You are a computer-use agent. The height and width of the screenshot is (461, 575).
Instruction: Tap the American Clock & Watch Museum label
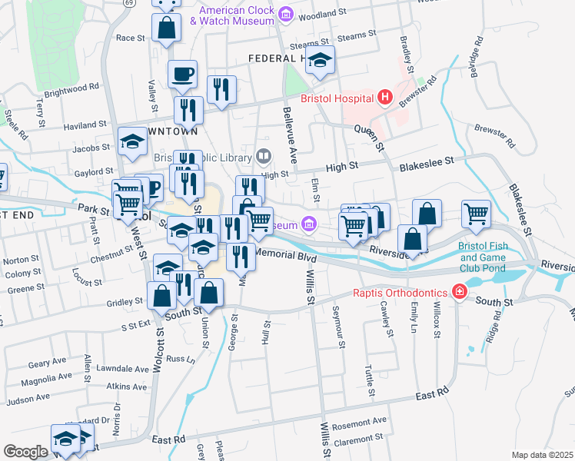(x=236, y=15)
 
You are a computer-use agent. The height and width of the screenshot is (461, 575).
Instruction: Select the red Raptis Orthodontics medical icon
(x=459, y=292)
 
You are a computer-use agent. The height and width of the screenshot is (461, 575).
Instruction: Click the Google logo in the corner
(x=25, y=452)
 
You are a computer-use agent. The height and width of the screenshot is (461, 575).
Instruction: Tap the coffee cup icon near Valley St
(x=183, y=75)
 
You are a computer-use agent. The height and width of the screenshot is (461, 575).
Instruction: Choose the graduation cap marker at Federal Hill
(x=320, y=60)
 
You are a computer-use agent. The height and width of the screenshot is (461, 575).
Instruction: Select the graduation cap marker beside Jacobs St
(x=133, y=142)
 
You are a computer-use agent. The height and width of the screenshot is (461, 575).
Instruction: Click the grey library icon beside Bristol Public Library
(x=264, y=158)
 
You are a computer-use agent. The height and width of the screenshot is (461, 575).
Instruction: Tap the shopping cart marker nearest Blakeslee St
(x=477, y=215)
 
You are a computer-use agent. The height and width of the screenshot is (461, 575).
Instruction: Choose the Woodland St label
(x=316, y=14)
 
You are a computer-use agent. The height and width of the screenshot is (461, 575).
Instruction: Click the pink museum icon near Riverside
(x=309, y=224)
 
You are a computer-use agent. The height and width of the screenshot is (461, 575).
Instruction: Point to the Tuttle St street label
(x=371, y=380)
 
